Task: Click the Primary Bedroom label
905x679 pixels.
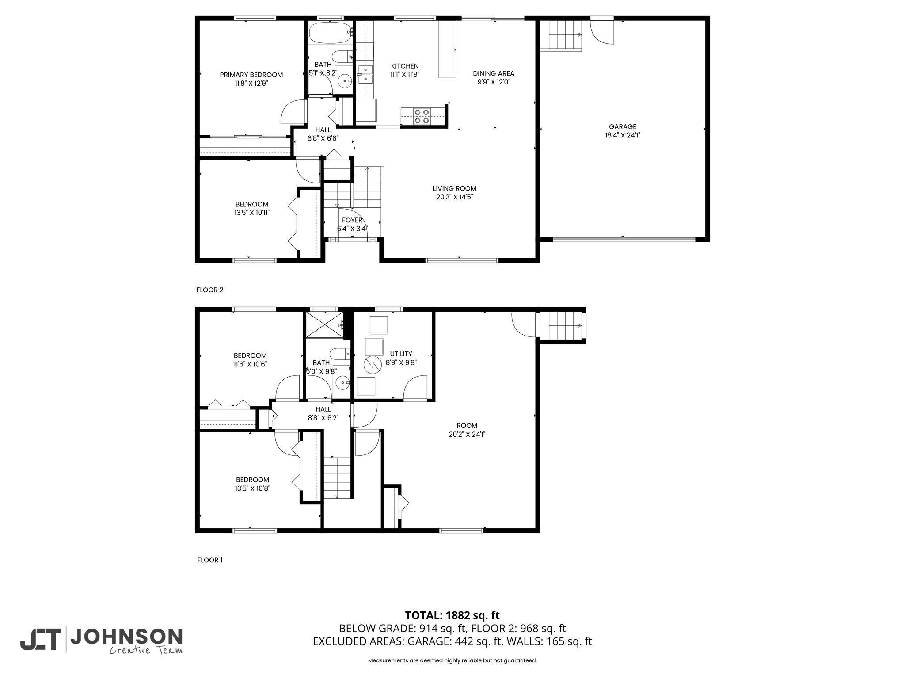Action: click(251, 75)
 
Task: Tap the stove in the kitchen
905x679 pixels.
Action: click(422, 116)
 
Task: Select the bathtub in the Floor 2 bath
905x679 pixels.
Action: click(330, 32)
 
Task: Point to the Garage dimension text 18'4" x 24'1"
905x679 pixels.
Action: click(623, 135)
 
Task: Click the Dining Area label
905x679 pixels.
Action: click(494, 73)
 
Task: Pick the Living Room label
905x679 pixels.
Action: click(455, 188)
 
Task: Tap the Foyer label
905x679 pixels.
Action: click(352, 220)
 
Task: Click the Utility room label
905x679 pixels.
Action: click(401, 354)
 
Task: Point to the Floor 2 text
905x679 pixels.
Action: click(210, 290)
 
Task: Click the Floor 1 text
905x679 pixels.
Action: click(210, 560)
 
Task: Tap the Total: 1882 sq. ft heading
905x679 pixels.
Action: click(452, 615)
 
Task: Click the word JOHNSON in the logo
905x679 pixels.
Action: click(126, 637)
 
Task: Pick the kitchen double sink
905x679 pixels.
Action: click(365, 74)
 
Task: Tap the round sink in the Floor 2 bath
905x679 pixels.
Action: click(345, 81)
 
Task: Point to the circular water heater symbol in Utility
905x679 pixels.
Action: click(372, 364)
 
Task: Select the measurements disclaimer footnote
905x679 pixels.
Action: click(452, 660)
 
